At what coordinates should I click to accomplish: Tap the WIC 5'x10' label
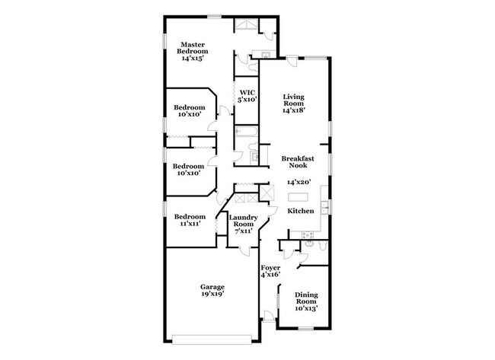coord(247,96)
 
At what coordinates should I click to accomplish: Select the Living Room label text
coord(293,104)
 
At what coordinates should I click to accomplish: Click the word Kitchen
coord(301,210)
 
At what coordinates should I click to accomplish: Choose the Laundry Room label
coord(241,225)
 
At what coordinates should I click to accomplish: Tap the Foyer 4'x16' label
coord(270,272)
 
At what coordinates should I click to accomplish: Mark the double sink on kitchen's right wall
coord(325,205)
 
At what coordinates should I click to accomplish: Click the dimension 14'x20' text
coord(299,183)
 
